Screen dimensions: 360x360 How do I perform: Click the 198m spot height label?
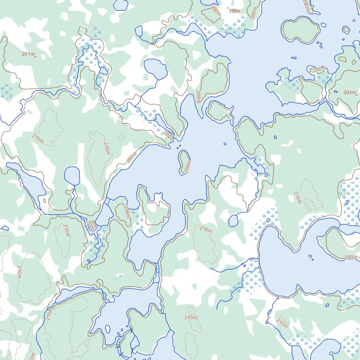coord(234,10)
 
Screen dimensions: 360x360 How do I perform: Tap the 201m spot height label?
coord(28,54)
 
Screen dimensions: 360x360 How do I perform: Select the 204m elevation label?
coord(350,92)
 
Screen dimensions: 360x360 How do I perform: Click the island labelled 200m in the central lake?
coord(184,162)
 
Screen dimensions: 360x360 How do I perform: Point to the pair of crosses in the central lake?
coord(179,147)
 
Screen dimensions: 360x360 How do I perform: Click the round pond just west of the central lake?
coord(72,176)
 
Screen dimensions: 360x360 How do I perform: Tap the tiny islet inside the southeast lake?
coord(310,256)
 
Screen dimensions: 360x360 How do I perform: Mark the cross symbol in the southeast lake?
coord(313,260)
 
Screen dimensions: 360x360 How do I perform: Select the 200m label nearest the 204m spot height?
coord(319,69)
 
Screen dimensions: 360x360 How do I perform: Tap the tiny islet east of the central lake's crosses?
coord(225,144)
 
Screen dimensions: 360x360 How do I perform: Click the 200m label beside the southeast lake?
coord(351,257)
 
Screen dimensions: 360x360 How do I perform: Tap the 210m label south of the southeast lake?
coord(281,323)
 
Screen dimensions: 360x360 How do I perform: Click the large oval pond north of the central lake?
coord(156,69)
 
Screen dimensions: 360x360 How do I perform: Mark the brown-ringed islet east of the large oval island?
coord(346,30)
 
